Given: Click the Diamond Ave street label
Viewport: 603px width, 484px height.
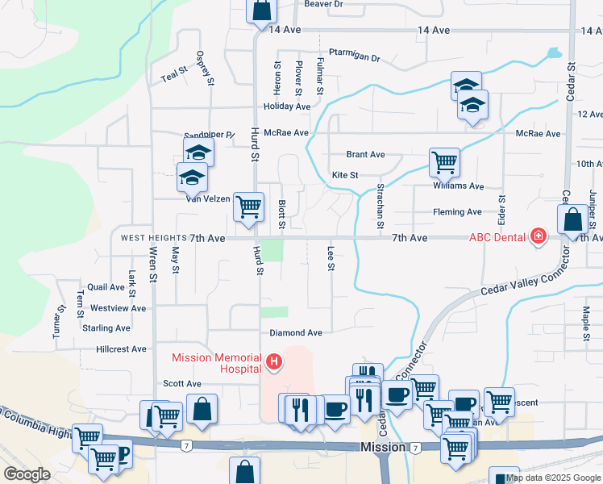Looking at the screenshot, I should pyautogui.click(x=296, y=332).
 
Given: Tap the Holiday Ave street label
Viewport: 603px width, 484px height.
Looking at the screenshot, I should pyautogui.click(x=287, y=106).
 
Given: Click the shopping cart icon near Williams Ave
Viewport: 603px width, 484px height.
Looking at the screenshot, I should pyautogui.click(x=444, y=161).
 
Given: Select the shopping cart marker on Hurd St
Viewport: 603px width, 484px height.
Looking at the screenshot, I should pyautogui.click(x=248, y=206).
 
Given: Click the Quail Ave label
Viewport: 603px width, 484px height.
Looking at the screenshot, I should pyautogui.click(x=106, y=287).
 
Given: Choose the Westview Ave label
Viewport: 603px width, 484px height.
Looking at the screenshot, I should pyautogui.click(x=118, y=308).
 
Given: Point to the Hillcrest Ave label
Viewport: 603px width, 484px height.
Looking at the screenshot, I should pyautogui.click(x=121, y=349).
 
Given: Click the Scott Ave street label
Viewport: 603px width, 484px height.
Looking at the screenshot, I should pyautogui.click(x=181, y=384).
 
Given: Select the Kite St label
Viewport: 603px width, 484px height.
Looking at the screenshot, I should pyautogui.click(x=345, y=175).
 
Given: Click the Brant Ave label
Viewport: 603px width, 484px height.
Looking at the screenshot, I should pyautogui.click(x=365, y=154).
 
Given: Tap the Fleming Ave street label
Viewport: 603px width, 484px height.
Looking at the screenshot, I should pyautogui.click(x=457, y=212).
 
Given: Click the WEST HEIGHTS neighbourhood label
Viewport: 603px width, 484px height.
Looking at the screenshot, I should pyautogui.click(x=153, y=239).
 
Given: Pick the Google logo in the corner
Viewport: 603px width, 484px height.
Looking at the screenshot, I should pyautogui.click(x=27, y=474).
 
